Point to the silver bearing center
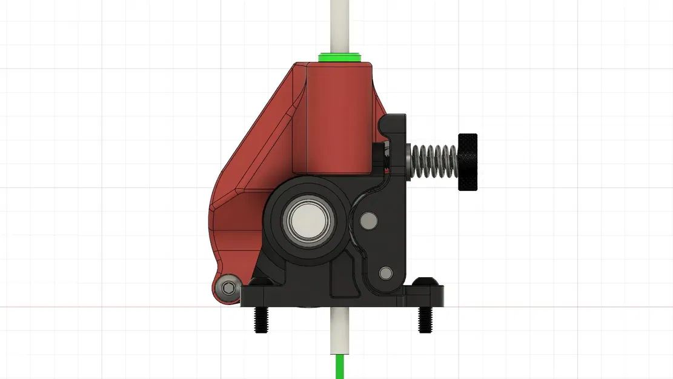point(307,219)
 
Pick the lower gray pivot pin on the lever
point(385,272)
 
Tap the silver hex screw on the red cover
point(228,287)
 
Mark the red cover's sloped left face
point(254,139)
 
